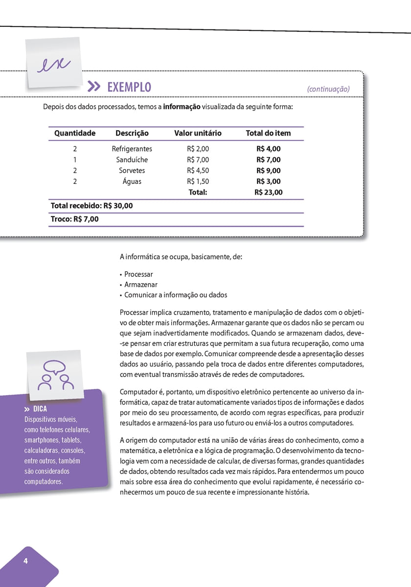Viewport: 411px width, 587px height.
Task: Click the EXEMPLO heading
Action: pos(129,88)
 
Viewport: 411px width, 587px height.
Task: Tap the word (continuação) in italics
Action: pos(328,89)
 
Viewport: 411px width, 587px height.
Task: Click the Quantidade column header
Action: pos(75,133)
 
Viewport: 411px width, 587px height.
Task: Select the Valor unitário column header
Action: pos(198,133)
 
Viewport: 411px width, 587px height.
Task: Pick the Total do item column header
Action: pos(268,133)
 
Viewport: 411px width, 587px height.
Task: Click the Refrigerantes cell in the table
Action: pos(132,149)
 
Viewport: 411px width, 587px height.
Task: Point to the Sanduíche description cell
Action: pos(132,159)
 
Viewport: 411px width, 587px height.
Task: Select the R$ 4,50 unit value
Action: pos(198,171)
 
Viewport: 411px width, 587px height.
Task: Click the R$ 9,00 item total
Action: pos(269,171)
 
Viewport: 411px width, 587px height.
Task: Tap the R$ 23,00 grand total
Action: pos(269,192)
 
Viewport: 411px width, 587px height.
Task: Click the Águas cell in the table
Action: pos(132,181)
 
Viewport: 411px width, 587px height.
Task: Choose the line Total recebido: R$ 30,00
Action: pos(91,206)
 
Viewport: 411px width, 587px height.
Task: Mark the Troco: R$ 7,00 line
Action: pos(75,219)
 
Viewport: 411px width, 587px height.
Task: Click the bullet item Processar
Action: pos(138,274)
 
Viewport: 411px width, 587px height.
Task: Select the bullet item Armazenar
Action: pos(141,285)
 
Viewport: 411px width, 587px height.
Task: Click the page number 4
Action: pos(25,561)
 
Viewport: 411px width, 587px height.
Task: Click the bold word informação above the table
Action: pos(182,108)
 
